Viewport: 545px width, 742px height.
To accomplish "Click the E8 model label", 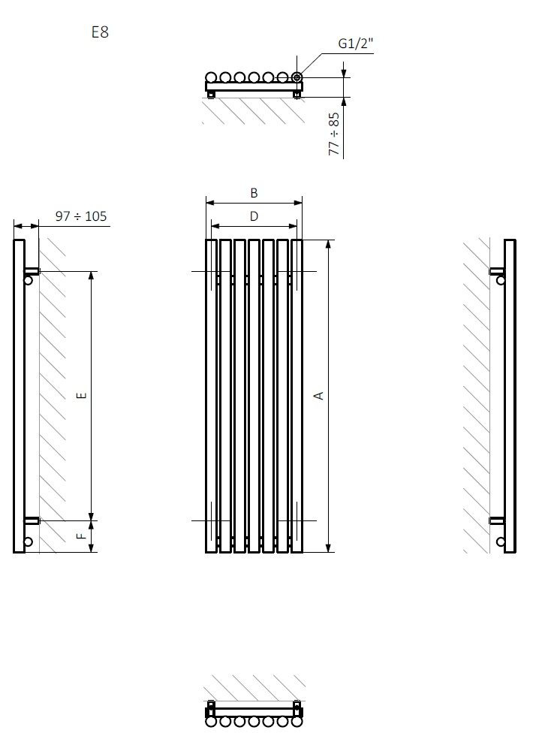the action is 100,32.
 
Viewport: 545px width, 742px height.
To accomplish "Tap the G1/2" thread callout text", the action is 355,44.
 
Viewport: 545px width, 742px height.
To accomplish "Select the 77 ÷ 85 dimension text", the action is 334,134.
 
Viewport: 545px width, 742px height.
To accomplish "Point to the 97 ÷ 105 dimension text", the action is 81,216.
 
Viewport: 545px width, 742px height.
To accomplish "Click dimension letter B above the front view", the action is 254,193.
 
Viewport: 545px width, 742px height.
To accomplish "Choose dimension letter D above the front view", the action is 254,216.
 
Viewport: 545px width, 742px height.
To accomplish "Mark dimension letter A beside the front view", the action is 319,396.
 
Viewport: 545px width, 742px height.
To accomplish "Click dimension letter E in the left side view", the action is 82,395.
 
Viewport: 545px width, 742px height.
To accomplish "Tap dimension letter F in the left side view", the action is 82,535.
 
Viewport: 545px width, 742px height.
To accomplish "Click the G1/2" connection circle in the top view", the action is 297,77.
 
